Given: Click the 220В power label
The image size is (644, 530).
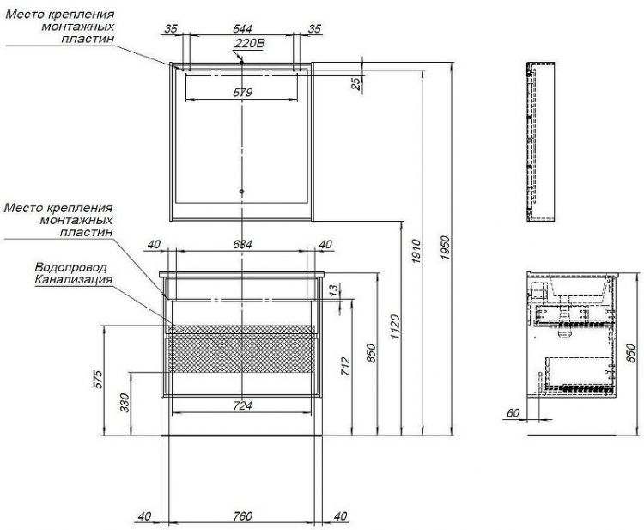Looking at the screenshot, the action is pos(250,43).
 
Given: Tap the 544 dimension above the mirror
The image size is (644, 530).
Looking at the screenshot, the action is pos(242,28).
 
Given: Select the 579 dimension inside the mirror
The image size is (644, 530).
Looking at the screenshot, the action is pos(242,93).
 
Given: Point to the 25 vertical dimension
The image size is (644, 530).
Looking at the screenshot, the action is pos(357,83).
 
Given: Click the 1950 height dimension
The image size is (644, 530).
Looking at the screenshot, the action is pos(446,247).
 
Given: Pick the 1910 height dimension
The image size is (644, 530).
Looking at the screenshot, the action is pos(416,251).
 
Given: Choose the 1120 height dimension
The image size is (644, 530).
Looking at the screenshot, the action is pos(395,327).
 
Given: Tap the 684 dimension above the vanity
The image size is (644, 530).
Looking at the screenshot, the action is pos(242,245).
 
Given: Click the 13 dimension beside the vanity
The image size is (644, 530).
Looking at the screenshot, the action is pos(335,289).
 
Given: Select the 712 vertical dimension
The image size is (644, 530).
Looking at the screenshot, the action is pos(345,367).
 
